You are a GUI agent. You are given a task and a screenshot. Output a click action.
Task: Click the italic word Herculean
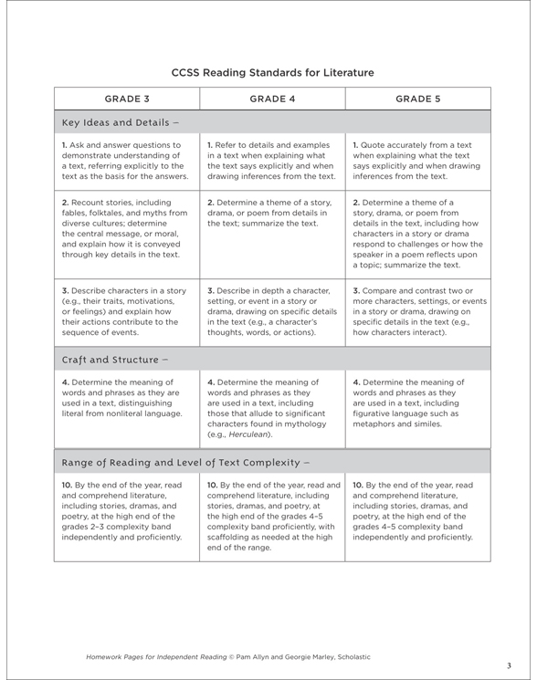(x=245, y=436)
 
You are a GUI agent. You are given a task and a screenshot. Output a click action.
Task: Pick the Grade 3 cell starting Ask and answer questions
(x=125, y=160)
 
